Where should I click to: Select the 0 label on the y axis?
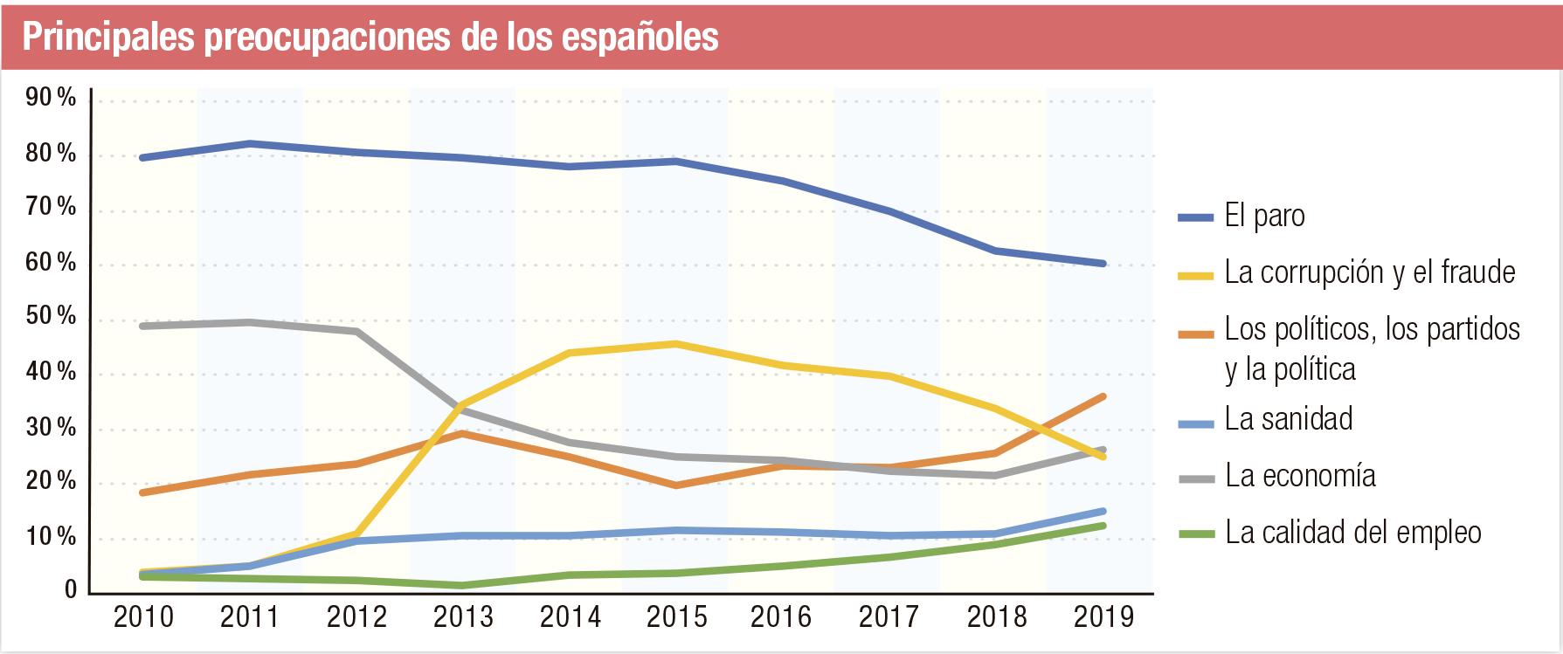click(71, 591)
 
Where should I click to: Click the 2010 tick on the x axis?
click(143, 617)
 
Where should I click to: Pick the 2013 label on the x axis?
click(463, 617)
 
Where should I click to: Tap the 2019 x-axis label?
click(1103, 617)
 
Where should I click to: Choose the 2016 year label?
click(781, 617)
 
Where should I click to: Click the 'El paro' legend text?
click(1264, 216)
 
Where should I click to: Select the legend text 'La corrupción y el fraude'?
click(1369, 272)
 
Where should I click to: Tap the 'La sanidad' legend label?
click(1288, 419)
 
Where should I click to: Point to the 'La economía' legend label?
click(1300, 476)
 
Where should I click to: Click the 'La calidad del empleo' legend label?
click(1352, 533)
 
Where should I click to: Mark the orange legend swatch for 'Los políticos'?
click(1196, 334)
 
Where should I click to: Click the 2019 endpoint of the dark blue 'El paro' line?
click(1103, 263)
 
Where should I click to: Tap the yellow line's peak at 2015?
click(676, 343)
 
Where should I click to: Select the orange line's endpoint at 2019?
click(1103, 396)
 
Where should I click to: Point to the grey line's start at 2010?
click(143, 326)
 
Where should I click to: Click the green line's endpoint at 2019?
click(1103, 526)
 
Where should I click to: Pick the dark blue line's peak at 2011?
click(250, 143)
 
